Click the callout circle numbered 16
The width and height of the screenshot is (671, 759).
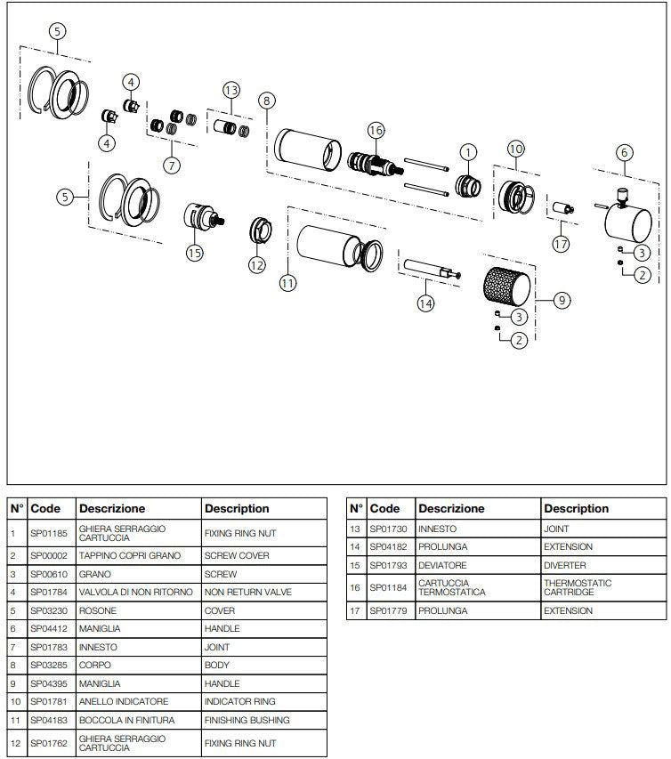(376, 131)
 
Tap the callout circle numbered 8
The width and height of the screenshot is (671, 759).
(265, 100)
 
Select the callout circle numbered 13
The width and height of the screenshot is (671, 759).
(231, 90)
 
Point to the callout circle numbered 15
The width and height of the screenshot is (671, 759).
(195, 253)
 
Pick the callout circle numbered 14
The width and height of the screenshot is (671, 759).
(425, 303)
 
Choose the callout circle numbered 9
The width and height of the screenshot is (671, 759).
(562, 301)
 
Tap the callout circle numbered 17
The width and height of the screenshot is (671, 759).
(560, 243)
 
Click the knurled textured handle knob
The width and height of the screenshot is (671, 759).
(505, 287)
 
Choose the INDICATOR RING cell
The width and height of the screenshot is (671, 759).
(264, 702)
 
